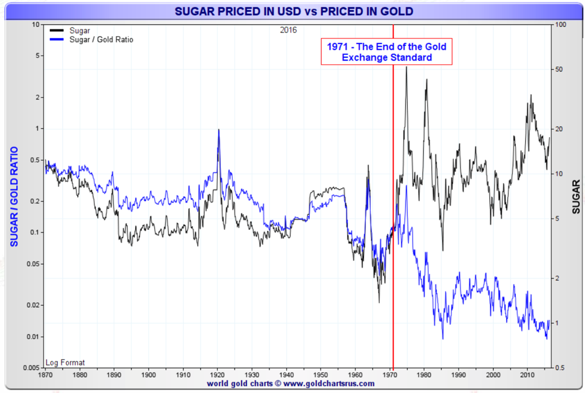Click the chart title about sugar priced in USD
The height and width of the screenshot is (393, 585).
(293, 12)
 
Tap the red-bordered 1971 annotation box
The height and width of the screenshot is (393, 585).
(386, 52)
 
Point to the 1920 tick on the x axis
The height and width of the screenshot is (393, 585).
(217, 375)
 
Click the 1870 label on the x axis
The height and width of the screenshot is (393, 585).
(45, 375)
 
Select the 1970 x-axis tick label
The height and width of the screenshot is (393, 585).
(390, 375)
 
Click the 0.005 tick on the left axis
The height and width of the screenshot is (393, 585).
(32, 367)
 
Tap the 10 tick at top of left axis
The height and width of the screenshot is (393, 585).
(36, 25)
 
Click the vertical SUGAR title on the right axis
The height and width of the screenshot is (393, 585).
(576, 196)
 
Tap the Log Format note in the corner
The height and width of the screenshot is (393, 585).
(65, 362)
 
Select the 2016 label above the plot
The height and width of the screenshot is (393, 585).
(288, 30)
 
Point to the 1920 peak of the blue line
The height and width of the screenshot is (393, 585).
(218, 130)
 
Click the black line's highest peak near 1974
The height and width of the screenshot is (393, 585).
(406, 67)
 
